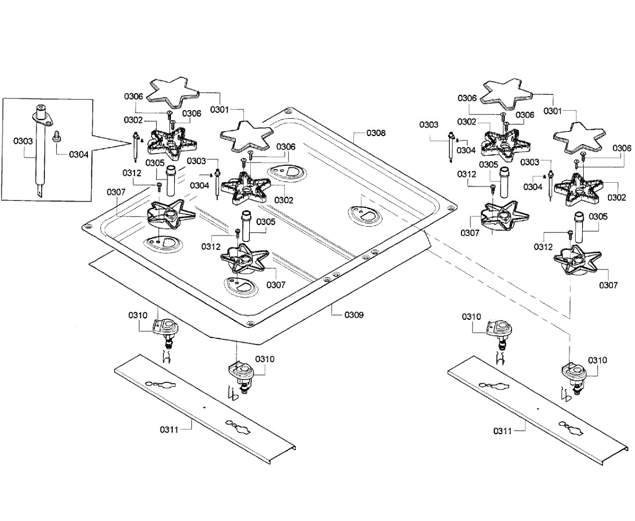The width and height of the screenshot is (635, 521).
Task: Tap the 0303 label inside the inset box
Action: tap(23, 141)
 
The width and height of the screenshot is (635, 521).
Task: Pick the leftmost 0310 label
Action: tap(138, 315)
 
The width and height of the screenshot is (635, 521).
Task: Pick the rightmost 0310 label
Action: tap(597, 360)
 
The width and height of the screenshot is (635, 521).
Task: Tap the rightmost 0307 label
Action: tap(609, 285)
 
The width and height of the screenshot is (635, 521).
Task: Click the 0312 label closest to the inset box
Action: tap(132, 173)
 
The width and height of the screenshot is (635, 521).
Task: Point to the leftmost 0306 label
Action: tap(134, 96)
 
